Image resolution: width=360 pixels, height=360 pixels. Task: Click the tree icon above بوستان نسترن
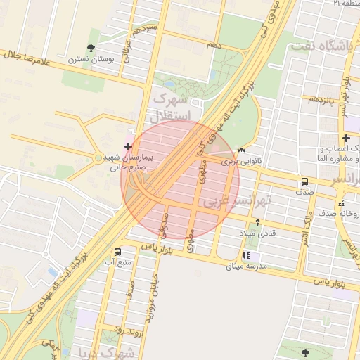click(x=91, y=48)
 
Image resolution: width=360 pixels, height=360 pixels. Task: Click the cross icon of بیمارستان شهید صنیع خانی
click(x=127, y=146)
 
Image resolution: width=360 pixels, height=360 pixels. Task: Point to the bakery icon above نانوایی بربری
click(x=243, y=150)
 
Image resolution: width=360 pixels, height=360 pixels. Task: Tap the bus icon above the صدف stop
click(x=304, y=180)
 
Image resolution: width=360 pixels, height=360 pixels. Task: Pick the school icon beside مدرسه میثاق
click(x=246, y=256)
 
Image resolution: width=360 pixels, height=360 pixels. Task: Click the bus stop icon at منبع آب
click(x=117, y=252)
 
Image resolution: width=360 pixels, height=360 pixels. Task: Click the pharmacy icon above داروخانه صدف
click(x=342, y=203)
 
